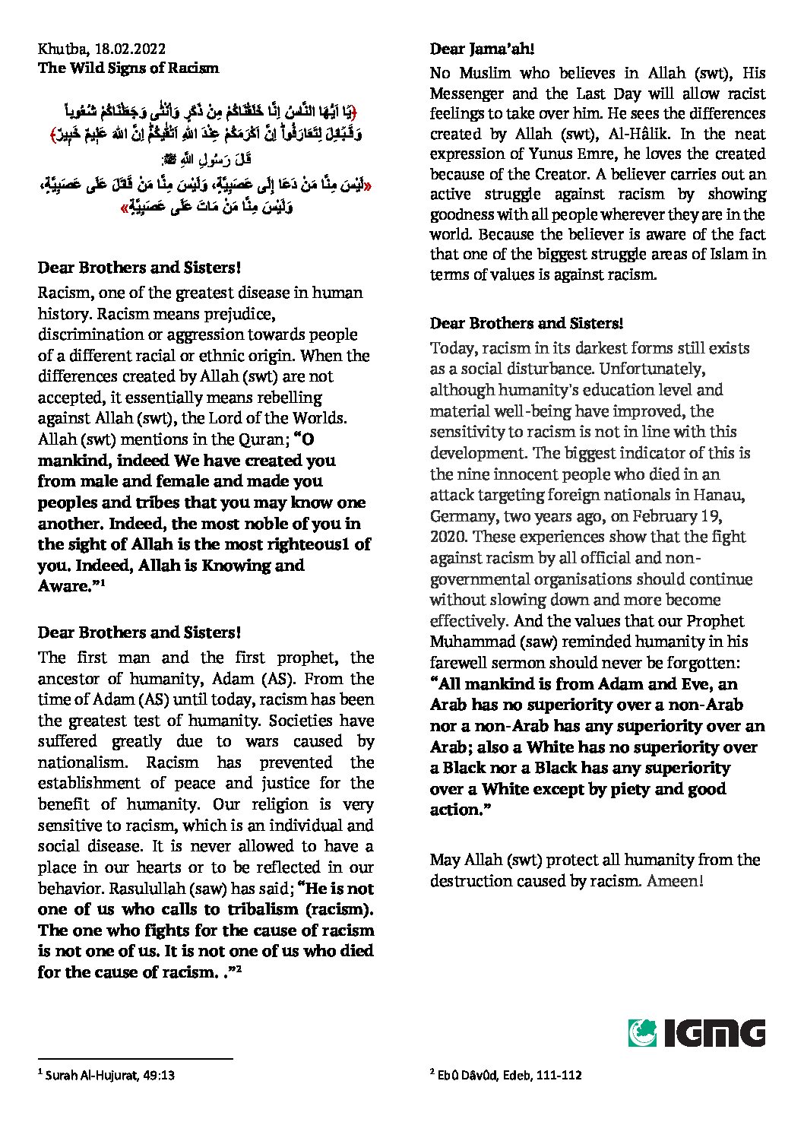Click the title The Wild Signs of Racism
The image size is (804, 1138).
128,68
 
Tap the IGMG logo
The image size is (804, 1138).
697,1033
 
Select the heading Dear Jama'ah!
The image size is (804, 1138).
482,49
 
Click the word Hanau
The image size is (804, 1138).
721,496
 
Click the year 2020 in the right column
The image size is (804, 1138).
448,537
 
